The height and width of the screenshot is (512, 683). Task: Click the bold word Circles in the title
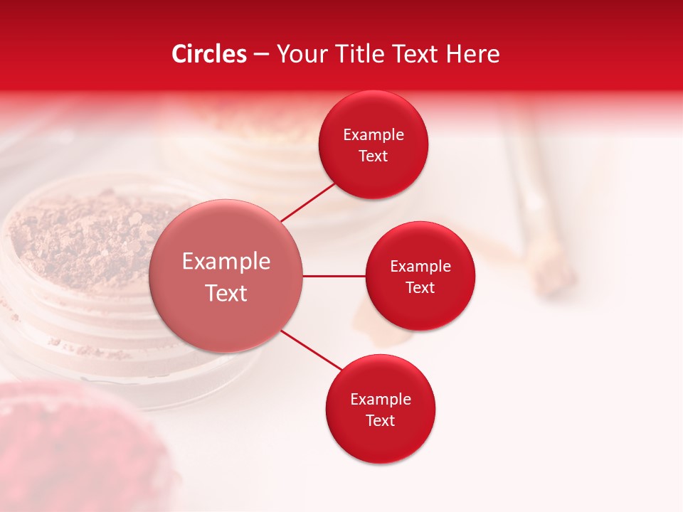(208, 54)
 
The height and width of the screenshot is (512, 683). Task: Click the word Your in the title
(300, 54)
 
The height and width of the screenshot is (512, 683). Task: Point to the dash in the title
(261, 55)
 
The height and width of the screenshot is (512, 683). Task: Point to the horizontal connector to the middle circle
(334, 276)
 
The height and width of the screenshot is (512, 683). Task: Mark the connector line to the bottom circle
(311, 350)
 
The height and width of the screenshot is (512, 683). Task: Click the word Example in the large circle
(226, 262)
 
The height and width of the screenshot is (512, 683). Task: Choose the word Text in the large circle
(226, 293)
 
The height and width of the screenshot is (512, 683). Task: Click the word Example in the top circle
(374, 135)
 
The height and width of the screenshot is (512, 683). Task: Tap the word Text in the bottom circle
(380, 420)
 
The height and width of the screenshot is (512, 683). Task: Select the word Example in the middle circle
(420, 267)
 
